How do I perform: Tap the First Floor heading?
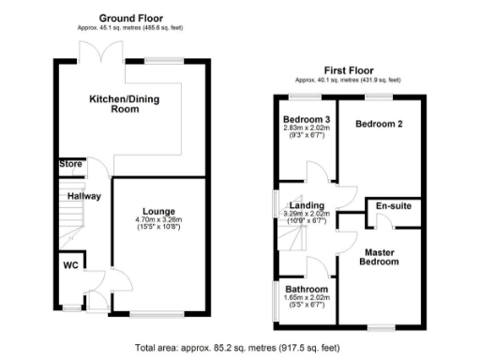pos(347,69)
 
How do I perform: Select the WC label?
pos(69,265)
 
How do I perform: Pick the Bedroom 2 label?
pos(378,123)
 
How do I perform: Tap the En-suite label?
pos(393,205)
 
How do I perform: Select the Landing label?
pos(307,205)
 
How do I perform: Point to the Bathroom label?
pos(307,289)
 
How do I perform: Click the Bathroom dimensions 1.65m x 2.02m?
pos(307,299)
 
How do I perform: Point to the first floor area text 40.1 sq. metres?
pos(347,80)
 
